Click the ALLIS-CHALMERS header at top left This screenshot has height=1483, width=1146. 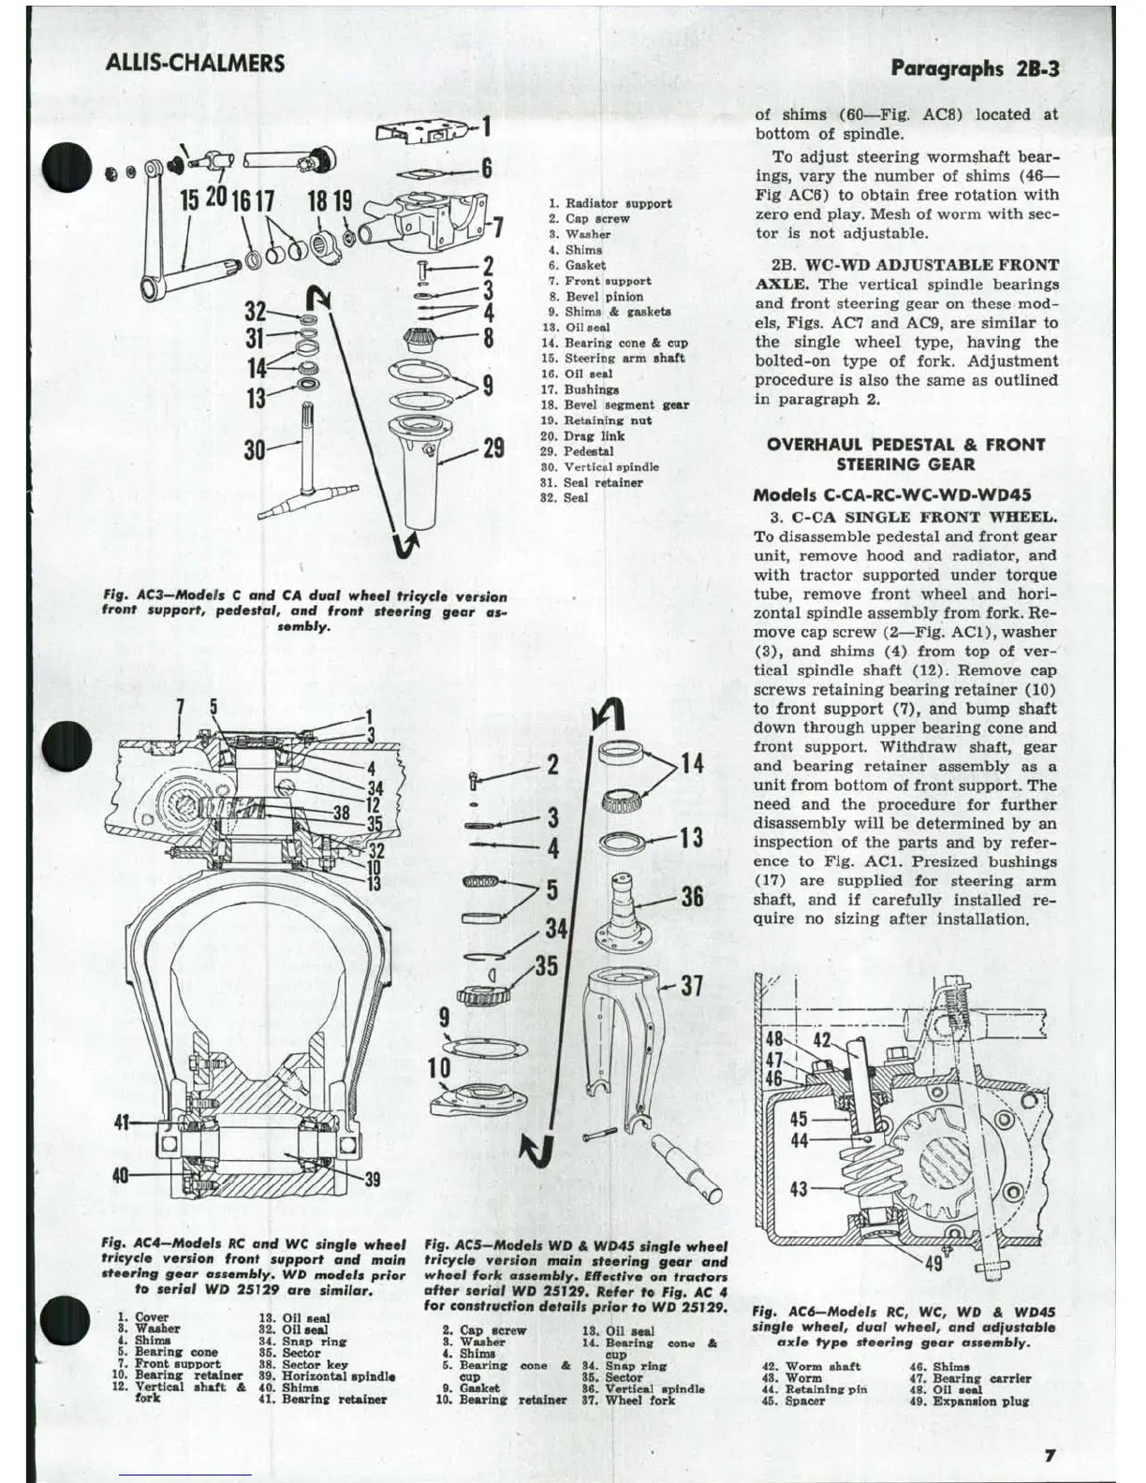coord(195,63)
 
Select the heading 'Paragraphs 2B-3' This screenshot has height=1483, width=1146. coord(975,67)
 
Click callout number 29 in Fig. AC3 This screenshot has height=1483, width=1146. coord(493,448)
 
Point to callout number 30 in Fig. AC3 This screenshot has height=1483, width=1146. coord(255,450)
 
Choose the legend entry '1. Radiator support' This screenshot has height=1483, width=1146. coord(610,203)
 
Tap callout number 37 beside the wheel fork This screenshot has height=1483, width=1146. coord(692,986)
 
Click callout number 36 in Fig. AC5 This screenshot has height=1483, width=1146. coord(692,896)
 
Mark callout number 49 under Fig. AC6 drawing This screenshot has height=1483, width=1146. coord(933,1263)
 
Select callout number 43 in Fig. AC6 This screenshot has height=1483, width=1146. coord(799,1189)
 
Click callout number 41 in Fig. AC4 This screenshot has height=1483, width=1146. coord(122,1121)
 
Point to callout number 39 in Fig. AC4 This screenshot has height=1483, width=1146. coord(372,1179)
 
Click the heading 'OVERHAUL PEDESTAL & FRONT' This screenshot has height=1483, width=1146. coord(905,445)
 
